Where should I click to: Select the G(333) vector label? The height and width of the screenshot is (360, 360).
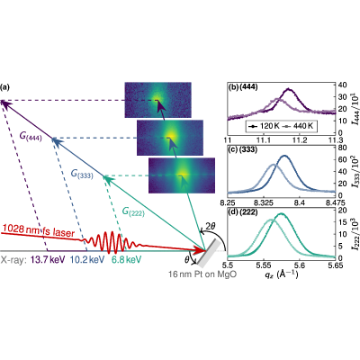click(82, 174)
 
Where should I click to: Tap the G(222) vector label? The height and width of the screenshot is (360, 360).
click(133, 211)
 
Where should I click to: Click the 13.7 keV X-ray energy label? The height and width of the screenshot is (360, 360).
click(48, 259)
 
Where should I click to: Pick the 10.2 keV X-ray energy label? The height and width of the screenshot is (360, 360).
click(87, 259)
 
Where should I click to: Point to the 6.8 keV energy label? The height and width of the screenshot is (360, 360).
click(126, 259)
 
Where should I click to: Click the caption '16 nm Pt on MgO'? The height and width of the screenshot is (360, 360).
click(202, 274)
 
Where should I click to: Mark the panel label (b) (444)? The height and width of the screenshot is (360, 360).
click(243, 87)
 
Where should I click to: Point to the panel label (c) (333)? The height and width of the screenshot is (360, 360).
click(243, 149)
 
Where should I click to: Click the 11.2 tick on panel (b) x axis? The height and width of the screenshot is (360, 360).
click(300, 139)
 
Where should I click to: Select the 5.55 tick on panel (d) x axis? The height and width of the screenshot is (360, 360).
click(264, 265)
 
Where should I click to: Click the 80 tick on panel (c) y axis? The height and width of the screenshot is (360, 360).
click(342, 148)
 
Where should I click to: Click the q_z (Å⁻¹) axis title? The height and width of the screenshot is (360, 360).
click(281, 274)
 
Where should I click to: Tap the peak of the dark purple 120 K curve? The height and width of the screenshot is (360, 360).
click(289, 89)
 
